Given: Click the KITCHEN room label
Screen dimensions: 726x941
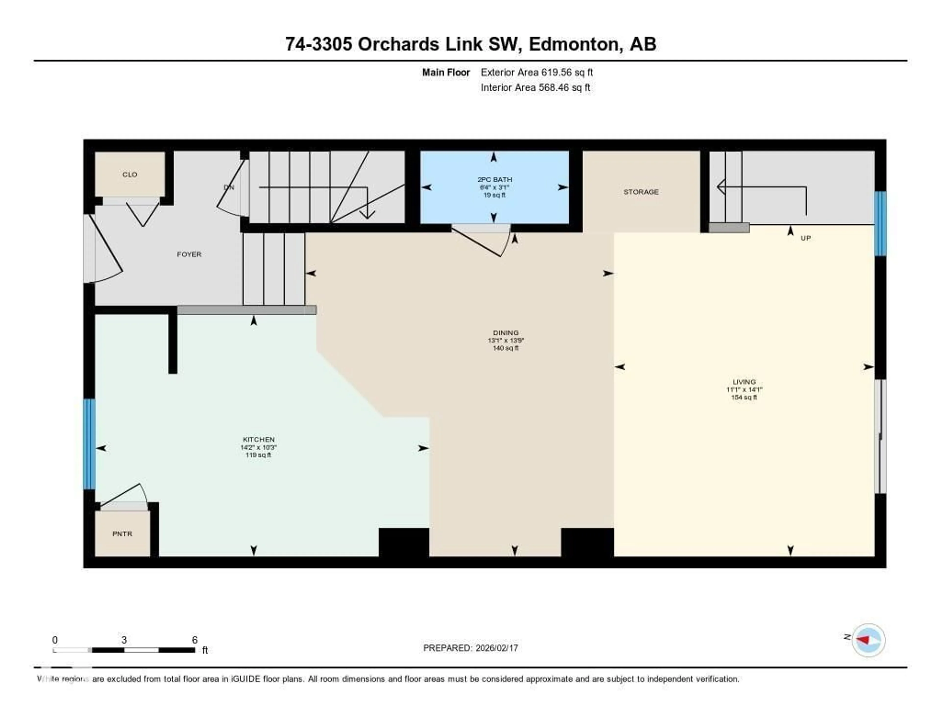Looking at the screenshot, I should pyautogui.click(x=259, y=439).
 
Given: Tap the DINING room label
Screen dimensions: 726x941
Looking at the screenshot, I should pyautogui.click(x=506, y=333).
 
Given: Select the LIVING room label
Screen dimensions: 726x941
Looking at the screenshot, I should pyautogui.click(x=744, y=382).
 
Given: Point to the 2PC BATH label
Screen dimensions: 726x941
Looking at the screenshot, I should pyautogui.click(x=495, y=179).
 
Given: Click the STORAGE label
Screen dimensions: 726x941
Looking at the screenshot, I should pyautogui.click(x=641, y=192).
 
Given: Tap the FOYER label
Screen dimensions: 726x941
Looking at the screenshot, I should pyautogui.click(x=189, y=254).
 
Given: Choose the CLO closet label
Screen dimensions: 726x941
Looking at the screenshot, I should pyautogui.click(x=130, y=174).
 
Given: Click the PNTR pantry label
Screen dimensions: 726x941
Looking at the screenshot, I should pyautogui.click(x=122, y=534).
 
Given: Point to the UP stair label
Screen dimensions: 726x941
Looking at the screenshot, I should pyautogui.click(x=805, y=238).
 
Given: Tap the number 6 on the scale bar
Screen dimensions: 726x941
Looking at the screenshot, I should pyautogui.click(x=195, y=640).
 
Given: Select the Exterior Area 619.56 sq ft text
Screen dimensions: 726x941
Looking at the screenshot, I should pyautogui.click(x=536, y=72).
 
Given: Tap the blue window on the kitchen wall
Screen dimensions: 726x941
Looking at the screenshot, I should pyautogui.click(x=89, y=444).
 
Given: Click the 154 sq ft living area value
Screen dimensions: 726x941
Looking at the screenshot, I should pyautogui.click(x=744, y=397).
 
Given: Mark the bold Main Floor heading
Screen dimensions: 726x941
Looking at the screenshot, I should pyautogui.click(x=446, y=72).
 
